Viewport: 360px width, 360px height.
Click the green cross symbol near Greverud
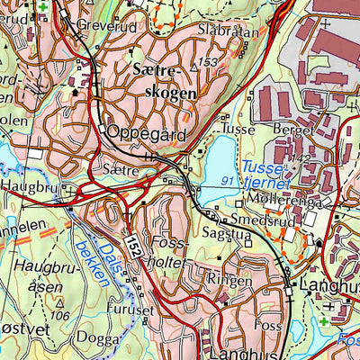(42, 9)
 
